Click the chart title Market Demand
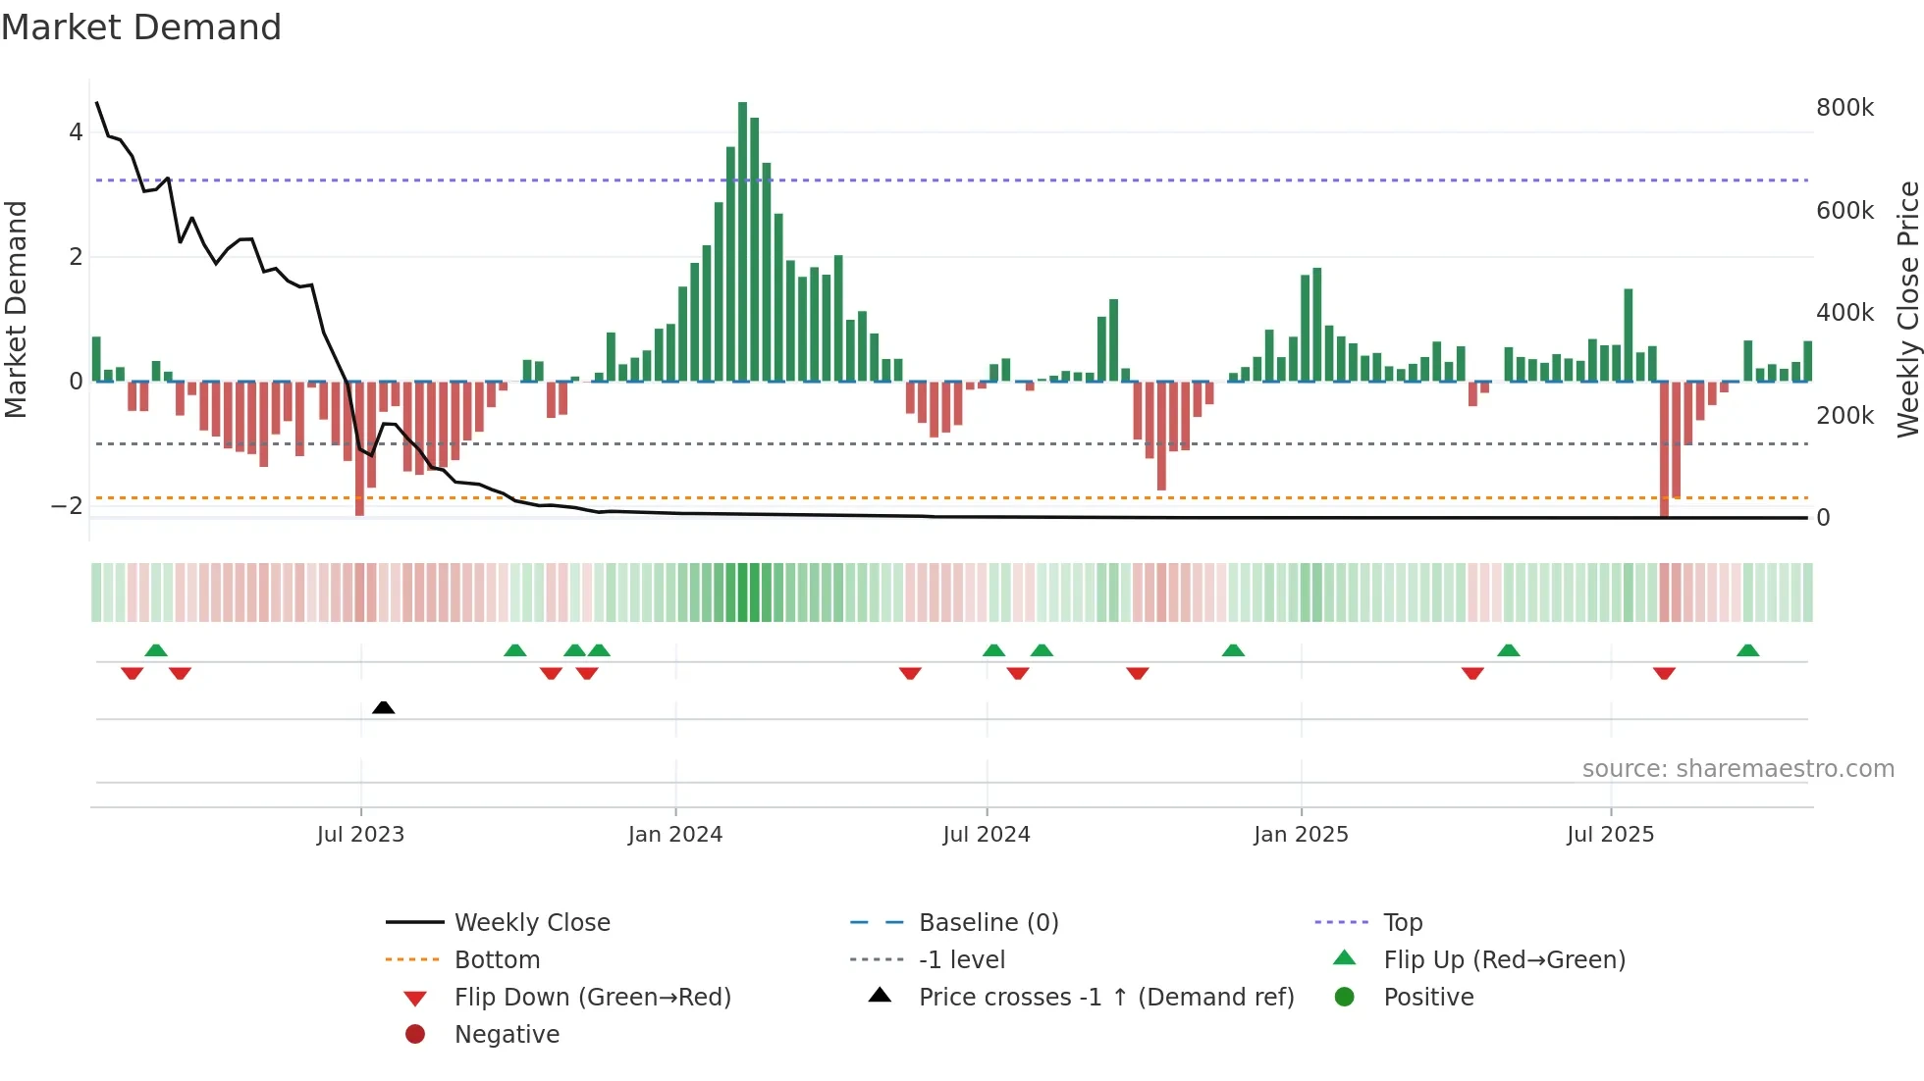141,26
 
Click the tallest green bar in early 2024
742,240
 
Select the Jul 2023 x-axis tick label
360,834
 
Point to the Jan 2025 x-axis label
1301,834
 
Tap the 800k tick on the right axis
1844,107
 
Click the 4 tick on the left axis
76,131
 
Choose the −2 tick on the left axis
68,506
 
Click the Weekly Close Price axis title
1907,309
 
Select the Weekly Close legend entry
531,922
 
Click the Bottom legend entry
497,959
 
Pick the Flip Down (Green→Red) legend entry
592,997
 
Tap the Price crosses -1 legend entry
1105,997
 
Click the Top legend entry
1402,922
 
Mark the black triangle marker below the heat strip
384,707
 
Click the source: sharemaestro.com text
1737,768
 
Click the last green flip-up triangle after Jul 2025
1747,650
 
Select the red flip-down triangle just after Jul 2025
1664,673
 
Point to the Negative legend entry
507,1034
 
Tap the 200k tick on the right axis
1844,415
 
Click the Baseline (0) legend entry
988,922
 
